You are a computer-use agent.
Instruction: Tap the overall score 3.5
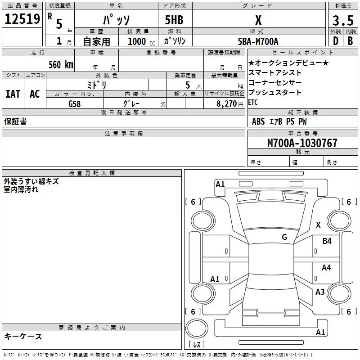[x=342, y=20]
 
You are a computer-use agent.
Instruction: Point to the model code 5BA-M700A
[x=258, y=41]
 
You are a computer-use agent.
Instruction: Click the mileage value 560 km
[x=60, y=64]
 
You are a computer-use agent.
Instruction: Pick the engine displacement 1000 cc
[x=141, y=42]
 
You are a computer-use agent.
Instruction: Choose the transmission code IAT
[x=13, y=94]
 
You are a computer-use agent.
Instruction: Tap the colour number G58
[x=75, y=103]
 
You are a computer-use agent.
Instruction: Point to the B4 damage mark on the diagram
[x=327, y=241]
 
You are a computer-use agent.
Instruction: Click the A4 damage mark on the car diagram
[x=326, y=268]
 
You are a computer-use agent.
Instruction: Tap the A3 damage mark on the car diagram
[x=320, y=292]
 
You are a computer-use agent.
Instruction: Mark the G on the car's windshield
[x=284, y=237]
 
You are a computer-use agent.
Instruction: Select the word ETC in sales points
[x=253, y=102]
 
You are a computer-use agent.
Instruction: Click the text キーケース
[x=23, y=336]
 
